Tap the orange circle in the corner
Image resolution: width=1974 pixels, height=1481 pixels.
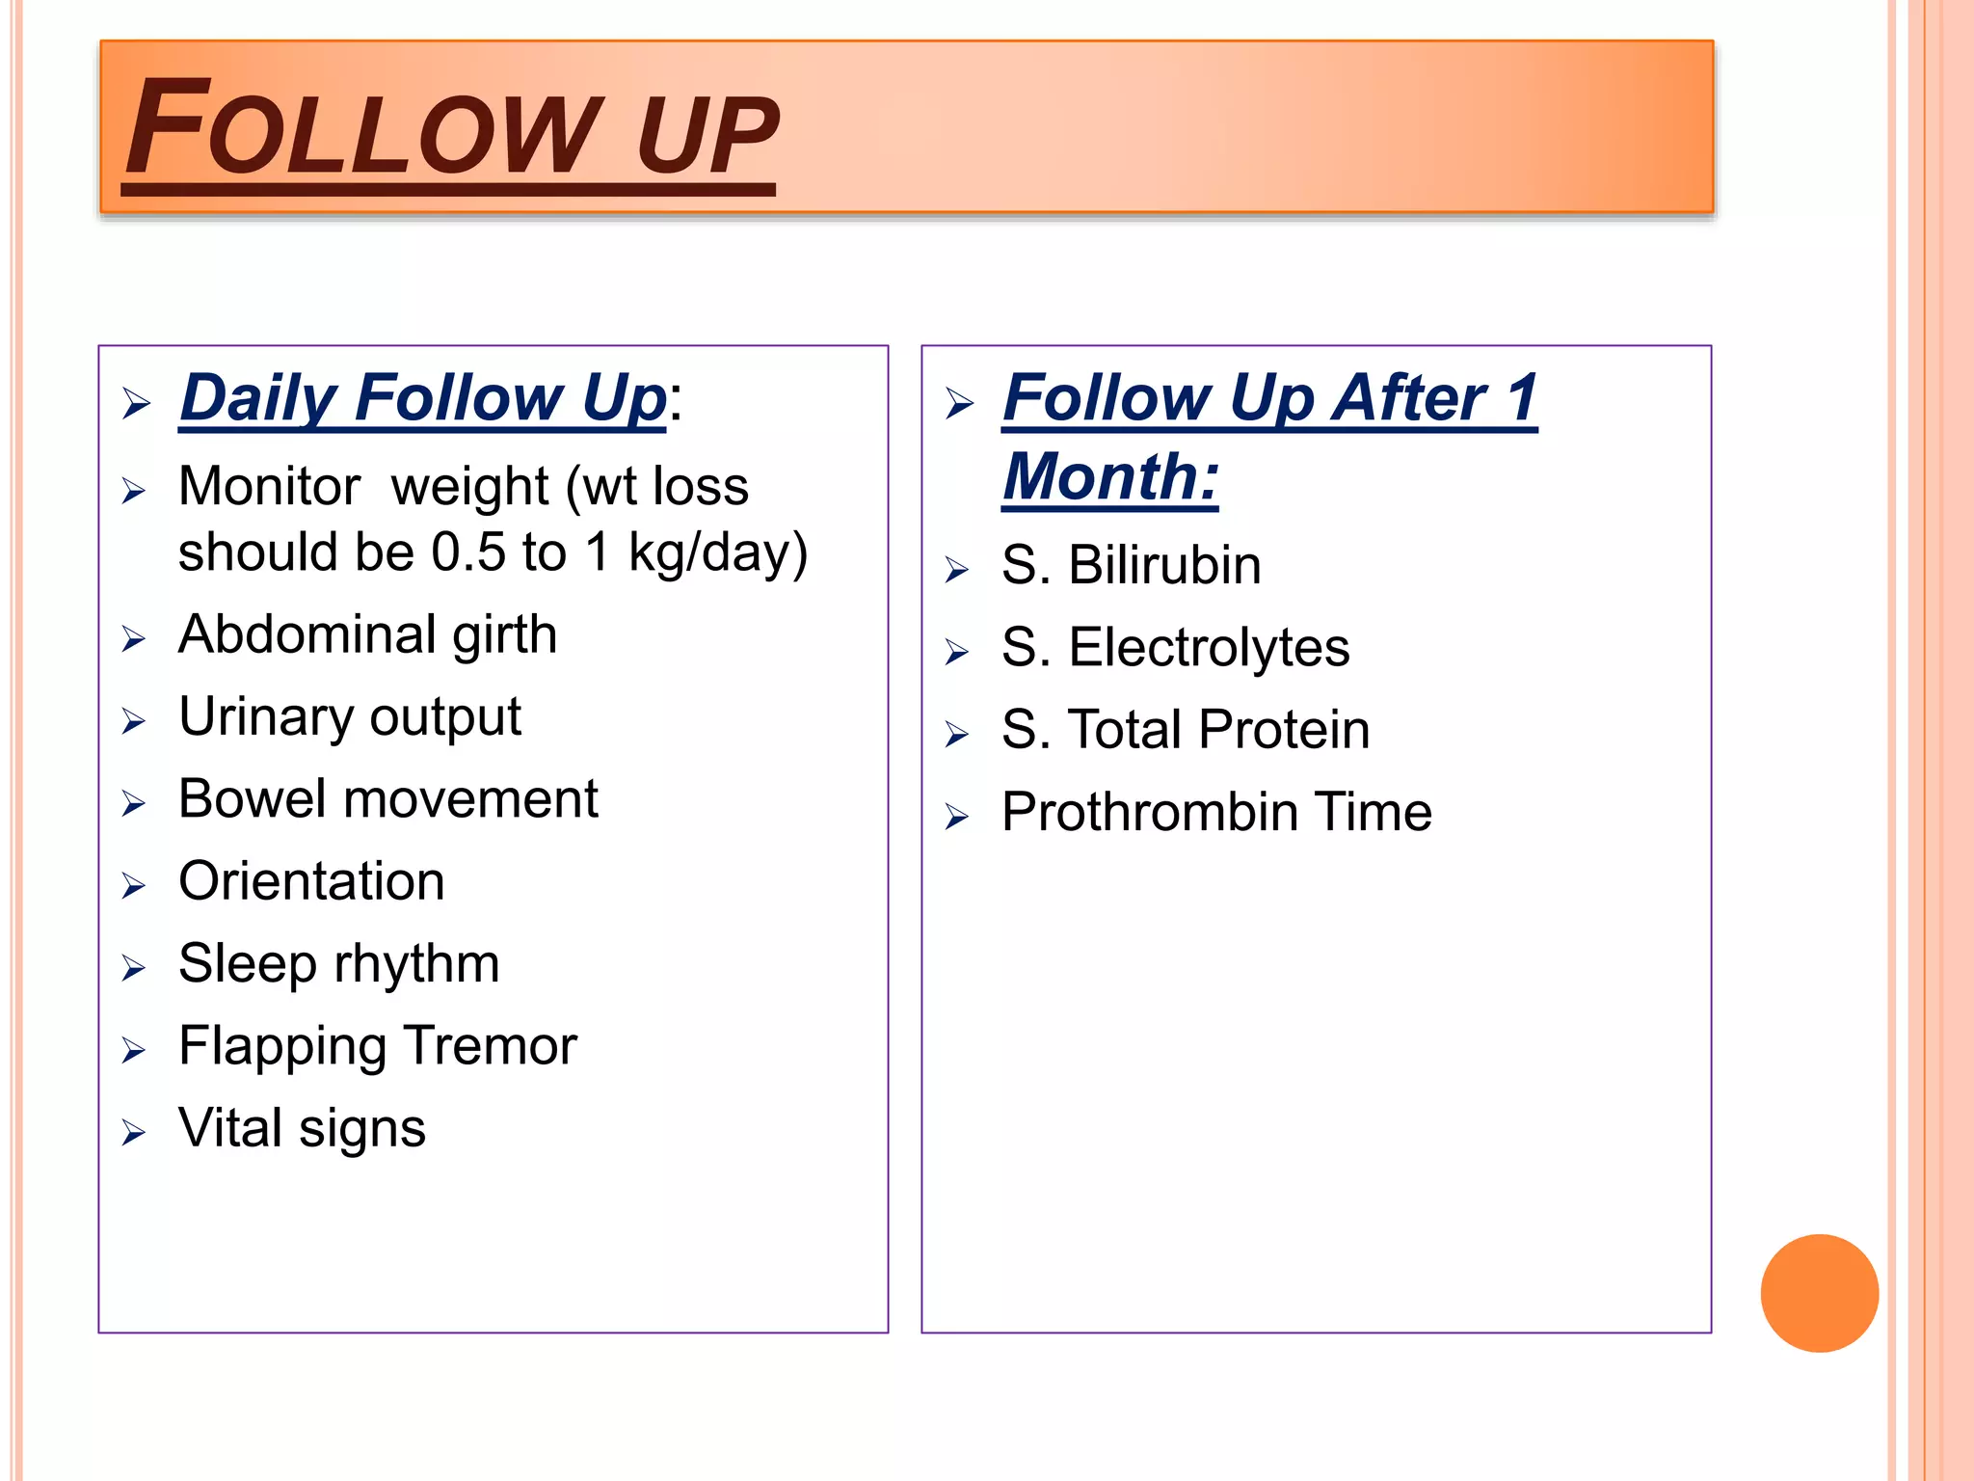1819,1293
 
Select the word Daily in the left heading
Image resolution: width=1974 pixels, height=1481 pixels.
258,397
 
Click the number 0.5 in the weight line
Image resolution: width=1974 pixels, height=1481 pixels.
467,552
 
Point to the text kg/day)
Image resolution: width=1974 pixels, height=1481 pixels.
717,552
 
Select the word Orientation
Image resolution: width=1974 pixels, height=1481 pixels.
311,881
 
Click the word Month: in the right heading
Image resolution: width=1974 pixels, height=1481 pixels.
1110,476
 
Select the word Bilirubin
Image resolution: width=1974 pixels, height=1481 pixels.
1164,565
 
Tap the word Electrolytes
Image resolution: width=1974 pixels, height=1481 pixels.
1209,647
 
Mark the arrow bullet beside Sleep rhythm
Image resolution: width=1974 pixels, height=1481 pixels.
134,967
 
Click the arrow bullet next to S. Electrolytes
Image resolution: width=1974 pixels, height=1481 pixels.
957,652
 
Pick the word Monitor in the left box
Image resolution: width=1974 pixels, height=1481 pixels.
269,486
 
